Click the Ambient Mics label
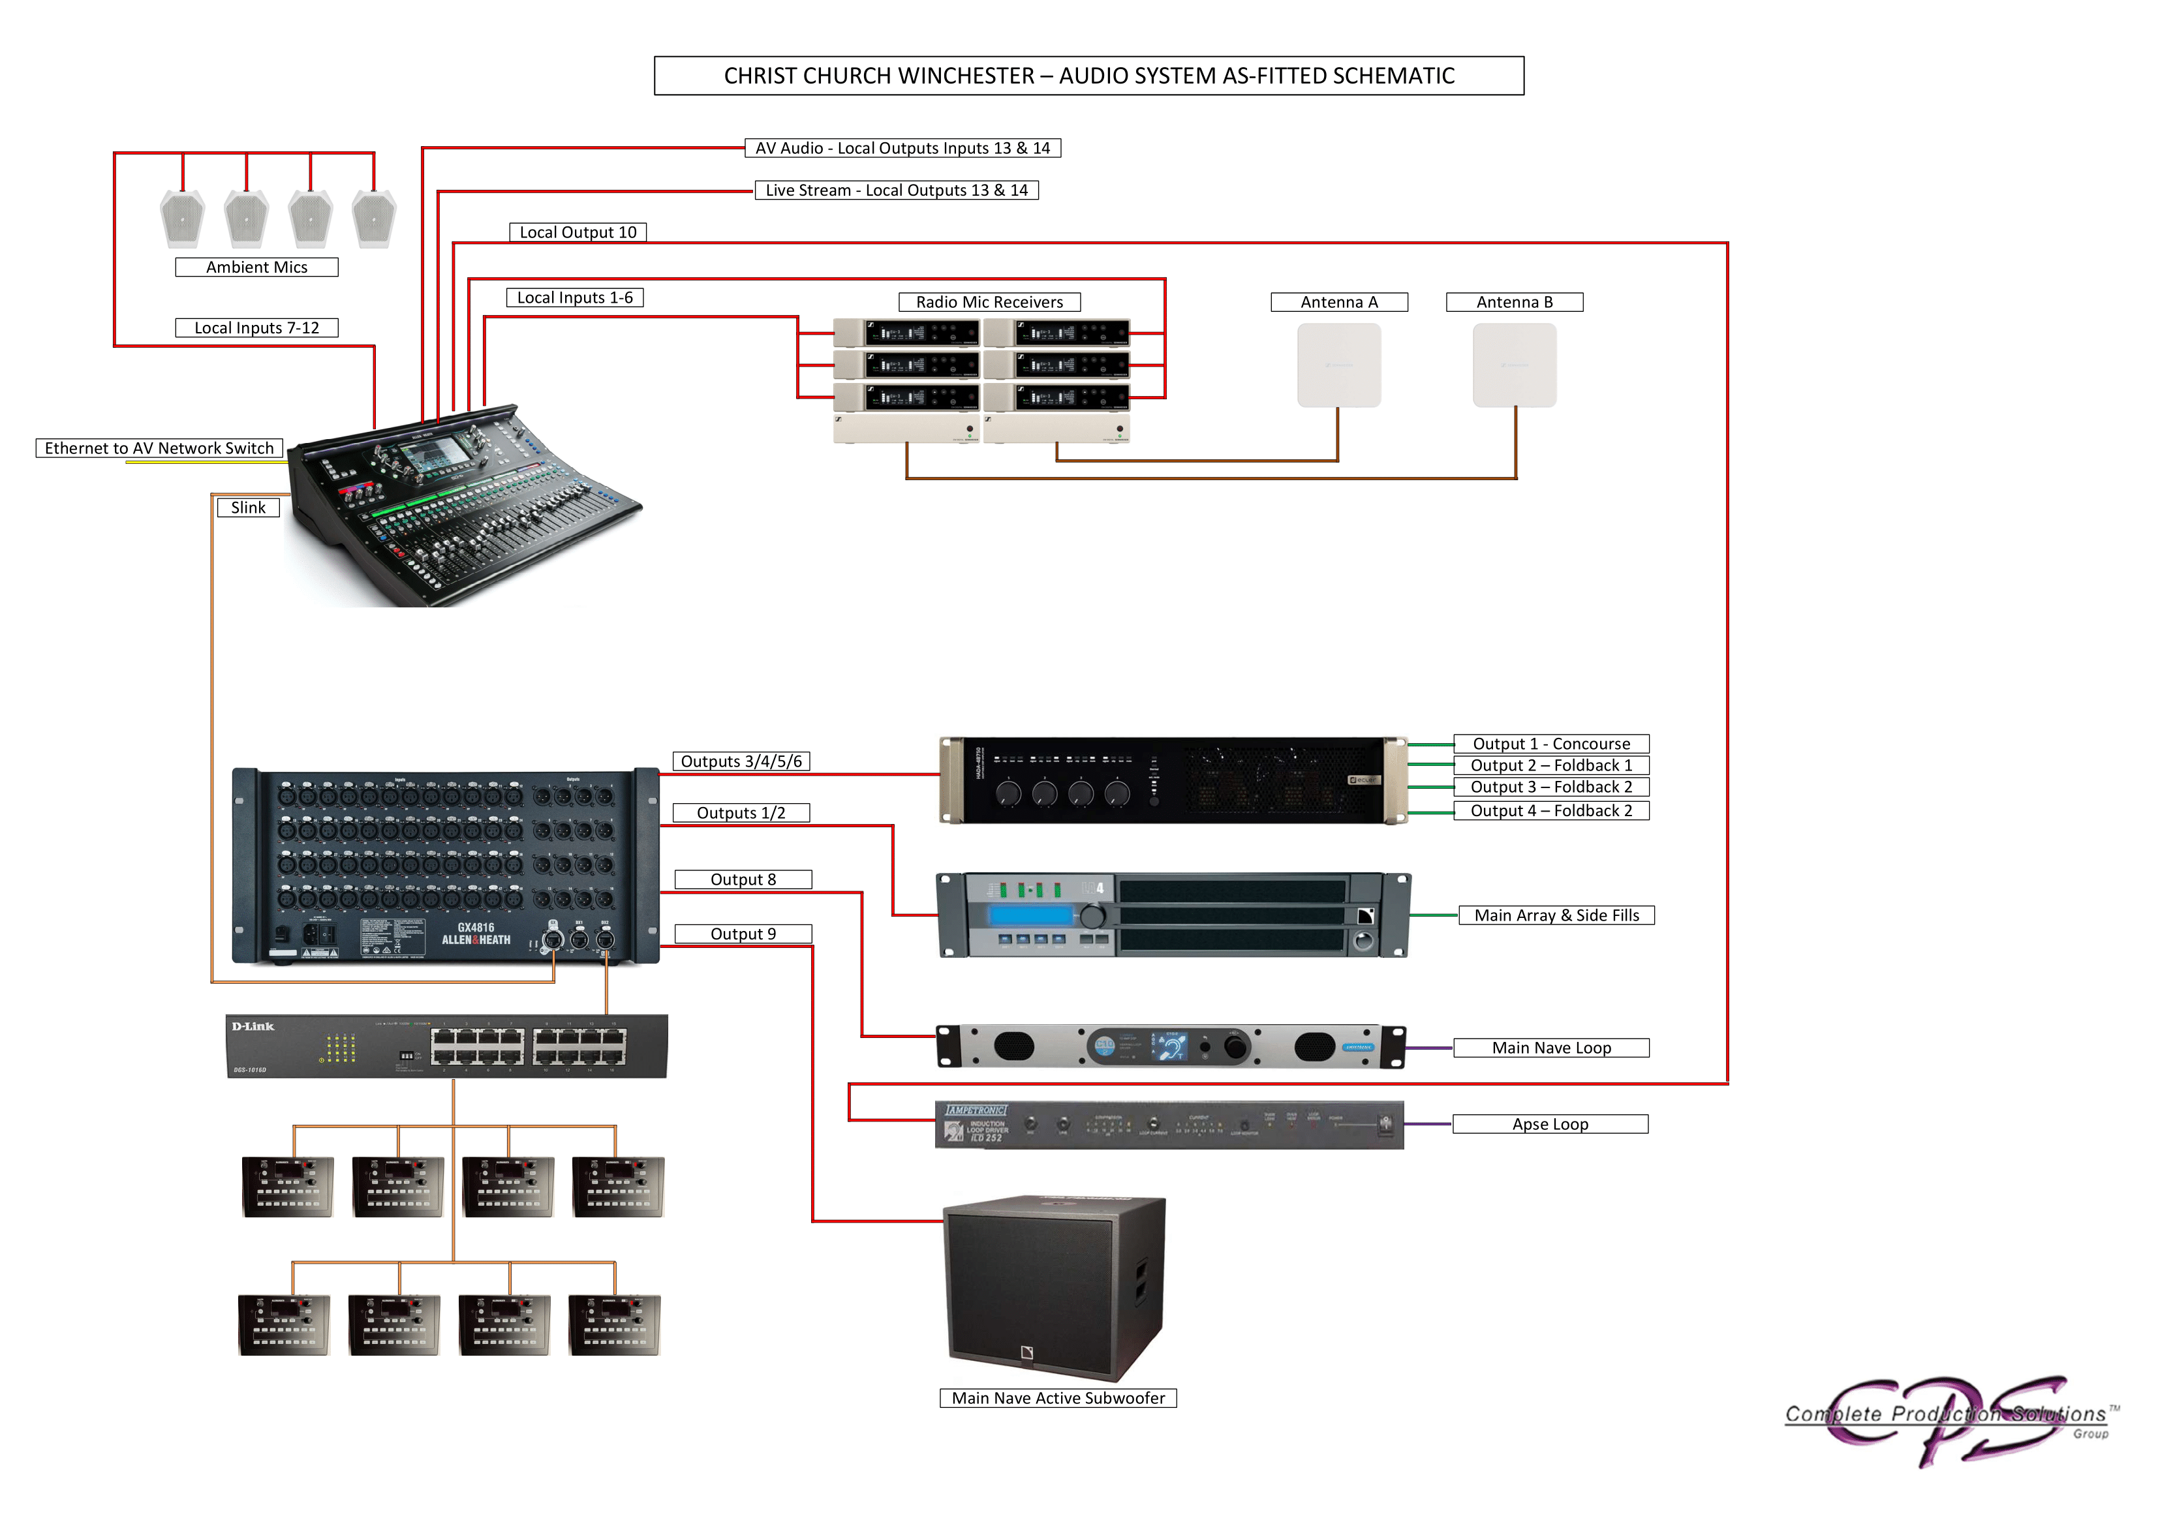click(256, 267)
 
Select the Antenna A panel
click(1338, 365)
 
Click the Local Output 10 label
click(578, 232)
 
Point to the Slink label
click(248, 508)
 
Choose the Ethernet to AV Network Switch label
click(159, 448)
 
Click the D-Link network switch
click(446, 1046)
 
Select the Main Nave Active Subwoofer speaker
click(1055, 1287)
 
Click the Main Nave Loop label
click(1551, 1048)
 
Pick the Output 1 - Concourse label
click(1551, 743)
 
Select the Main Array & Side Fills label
click(1556, 915)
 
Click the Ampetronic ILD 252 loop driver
click(1168, 1125)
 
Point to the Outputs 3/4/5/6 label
click(741, 761)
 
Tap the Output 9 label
click(743, 934)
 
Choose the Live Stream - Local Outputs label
click(897, 191)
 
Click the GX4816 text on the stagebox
click(476, 928)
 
